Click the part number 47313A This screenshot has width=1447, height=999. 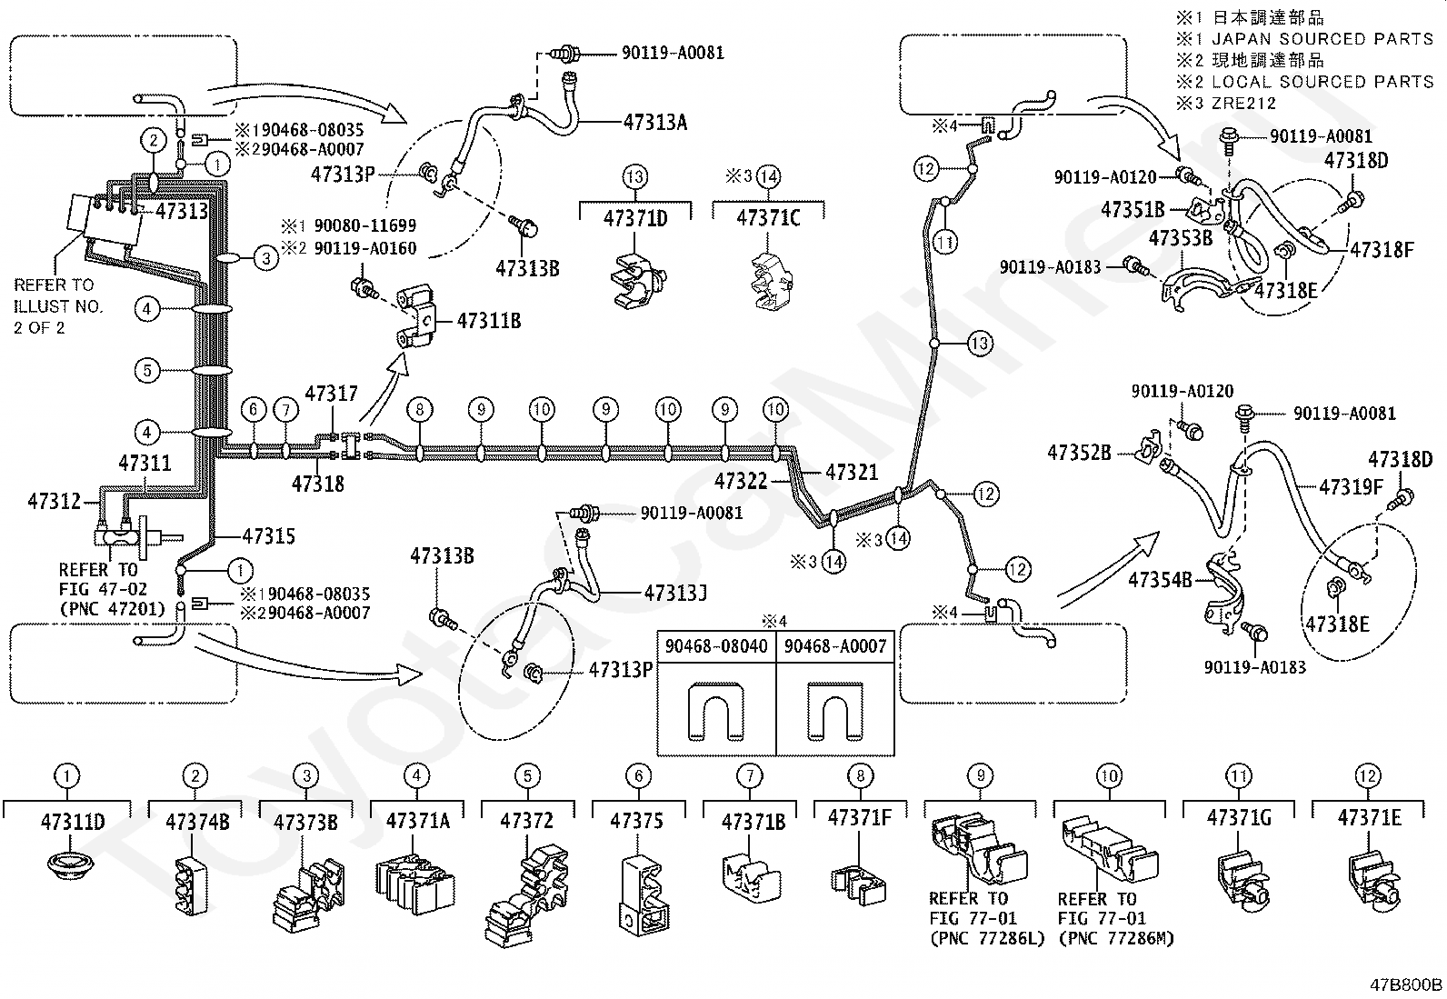point(655,122)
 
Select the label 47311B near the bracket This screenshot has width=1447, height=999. point(489,321)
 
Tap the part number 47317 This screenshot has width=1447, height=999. point(332,393)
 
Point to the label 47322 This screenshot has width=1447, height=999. point(741,481)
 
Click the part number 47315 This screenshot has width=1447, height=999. point(269,535)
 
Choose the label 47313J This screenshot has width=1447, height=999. point(675,593)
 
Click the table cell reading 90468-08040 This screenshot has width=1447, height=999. point(716,646)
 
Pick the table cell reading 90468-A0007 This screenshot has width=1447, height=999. point(835,646)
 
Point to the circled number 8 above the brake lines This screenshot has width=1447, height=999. point(420,409)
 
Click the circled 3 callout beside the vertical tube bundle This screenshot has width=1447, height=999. point(266,258)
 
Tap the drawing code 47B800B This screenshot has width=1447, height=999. point(1406,984)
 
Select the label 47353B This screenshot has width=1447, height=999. point(1180,238)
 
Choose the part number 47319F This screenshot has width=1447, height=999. point(1351,486)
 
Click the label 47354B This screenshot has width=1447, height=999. point(1160,580)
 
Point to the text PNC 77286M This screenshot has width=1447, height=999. point(1116,938)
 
